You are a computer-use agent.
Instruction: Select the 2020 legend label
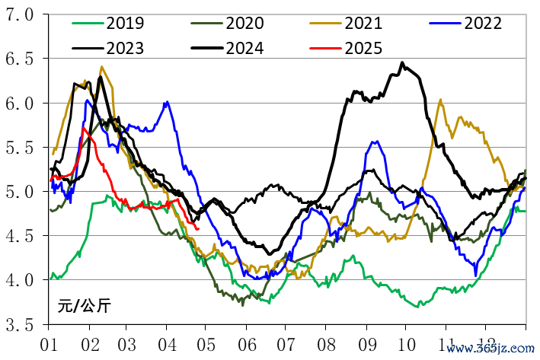pyautogui.click(x=245, y=23)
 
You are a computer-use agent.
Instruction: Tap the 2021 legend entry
pyautogui.click(x=365, y=23)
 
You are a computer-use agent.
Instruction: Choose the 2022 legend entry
pyautogui.click(x=481, y=23)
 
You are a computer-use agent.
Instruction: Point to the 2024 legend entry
pyautogui.click(x=245, y=48)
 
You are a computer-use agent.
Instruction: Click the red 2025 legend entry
pyautogui.click(x=365, y=48)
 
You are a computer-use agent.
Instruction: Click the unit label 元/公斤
pyautogui.click(x=84, y=307)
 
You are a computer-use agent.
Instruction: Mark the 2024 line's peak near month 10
pyautogui.click(x=402, y=63)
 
